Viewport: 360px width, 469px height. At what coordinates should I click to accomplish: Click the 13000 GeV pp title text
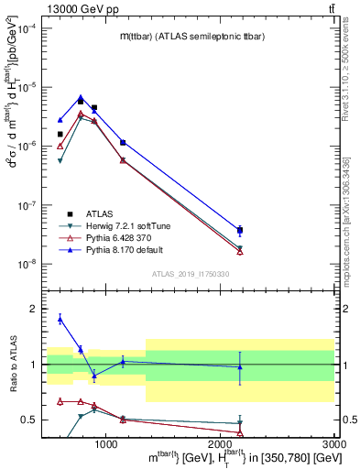tap(40, 7)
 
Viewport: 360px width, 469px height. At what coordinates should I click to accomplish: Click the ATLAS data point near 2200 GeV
tap(240, 231)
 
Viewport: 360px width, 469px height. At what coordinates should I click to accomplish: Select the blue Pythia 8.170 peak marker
tap(81, 97)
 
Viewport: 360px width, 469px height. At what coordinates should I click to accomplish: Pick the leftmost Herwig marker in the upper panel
tap(60, 161)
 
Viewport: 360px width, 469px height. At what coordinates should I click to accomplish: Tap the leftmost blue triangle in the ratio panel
tap(60, 318)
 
